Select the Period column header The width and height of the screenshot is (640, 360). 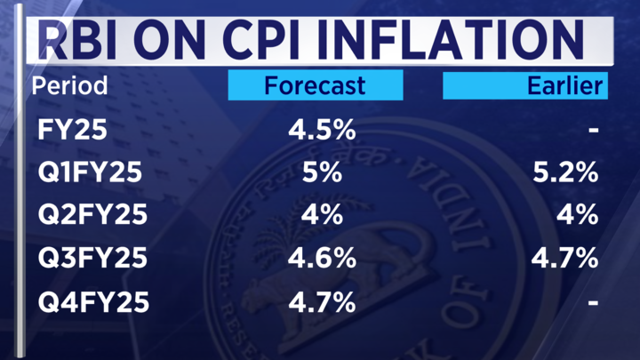(x=69, y=86)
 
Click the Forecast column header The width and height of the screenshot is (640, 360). (x=315, y=85)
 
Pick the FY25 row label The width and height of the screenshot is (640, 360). (x=73, y=131)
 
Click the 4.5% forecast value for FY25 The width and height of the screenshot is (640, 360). (x=322, y=131)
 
